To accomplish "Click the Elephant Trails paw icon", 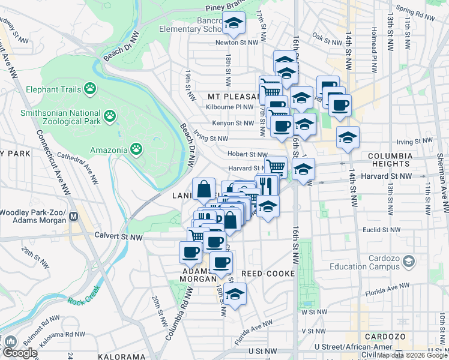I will click(x=90, y=89).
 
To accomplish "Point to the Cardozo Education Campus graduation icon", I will click(x=409, y=261).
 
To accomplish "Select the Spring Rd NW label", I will click(x=414, y=10).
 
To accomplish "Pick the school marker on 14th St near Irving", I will click(x=348, y=138).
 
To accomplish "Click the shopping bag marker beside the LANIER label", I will click(x=203, y=188).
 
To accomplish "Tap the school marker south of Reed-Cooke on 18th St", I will click(x=235, y=295).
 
